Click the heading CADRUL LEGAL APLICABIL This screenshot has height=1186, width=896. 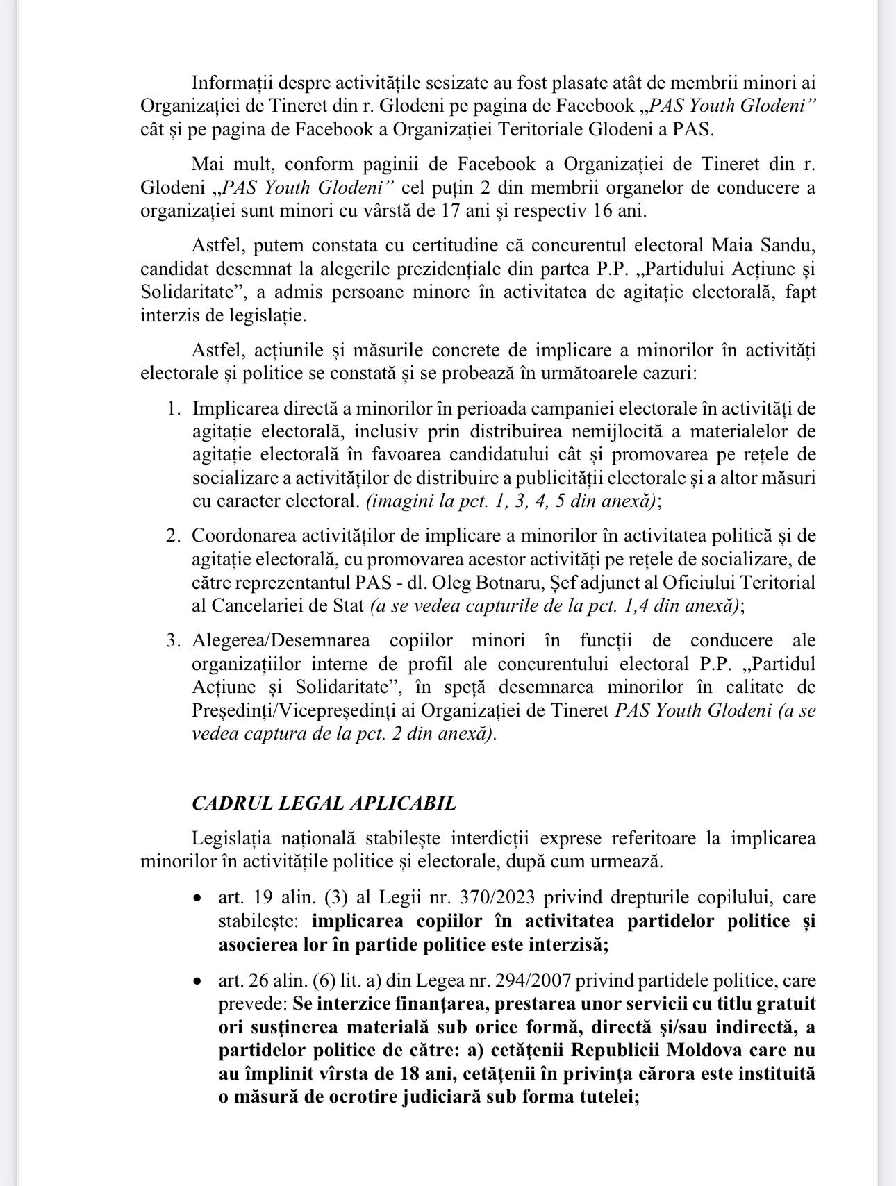point(324,803)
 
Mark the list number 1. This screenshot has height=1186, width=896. point(174,408)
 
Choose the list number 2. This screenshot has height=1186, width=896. point(174,535)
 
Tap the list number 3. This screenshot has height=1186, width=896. point(174,640)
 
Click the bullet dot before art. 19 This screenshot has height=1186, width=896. point(199,899)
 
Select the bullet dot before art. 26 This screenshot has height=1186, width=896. point(199,982)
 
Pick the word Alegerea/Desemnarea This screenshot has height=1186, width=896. point(281,640)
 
